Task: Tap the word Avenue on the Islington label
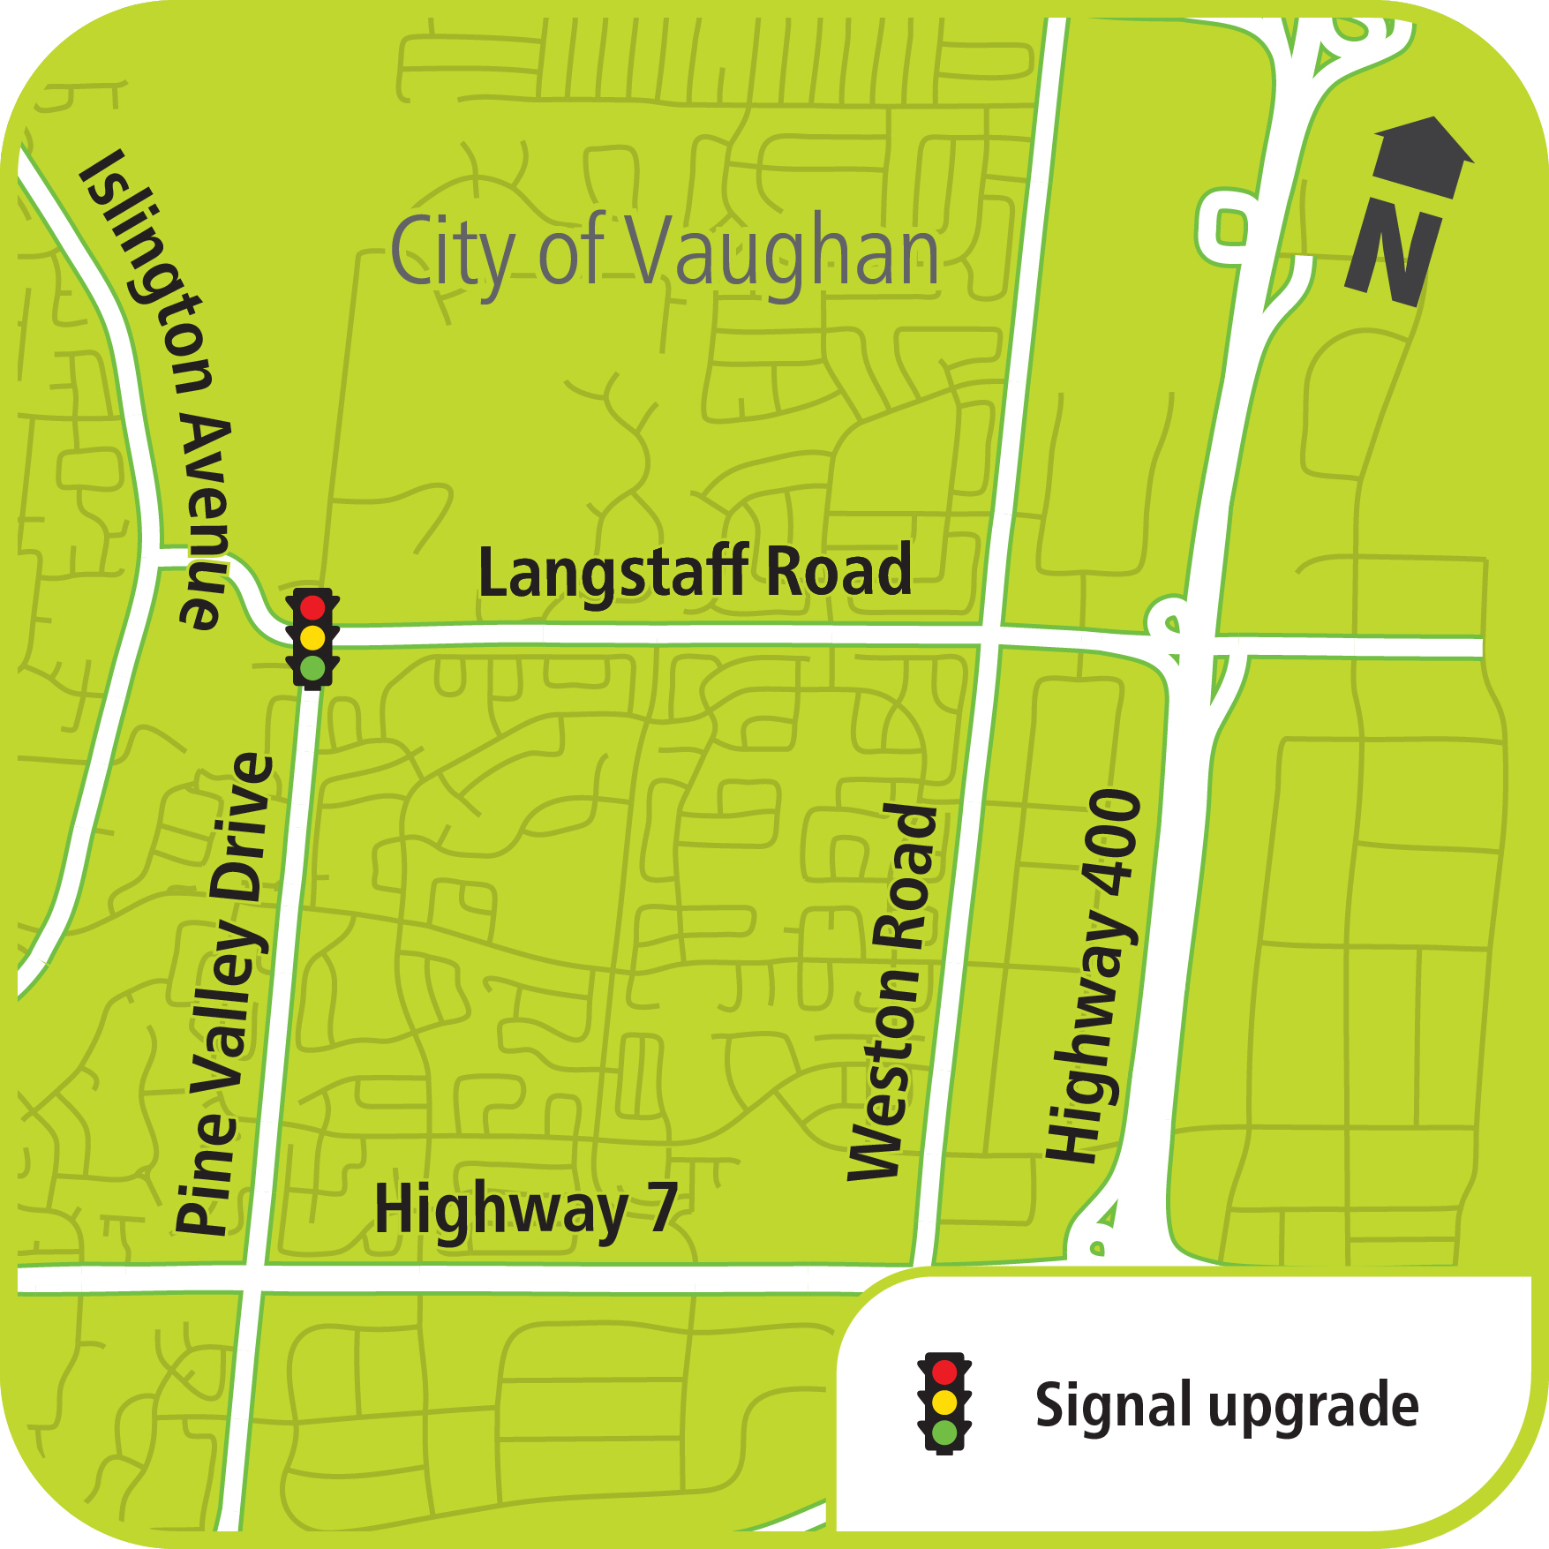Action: [x=205, y=521]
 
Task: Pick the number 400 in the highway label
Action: [x=1115, y=834]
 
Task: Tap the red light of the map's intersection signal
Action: [x=312, y=607]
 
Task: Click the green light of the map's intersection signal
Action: [x=312, y=667]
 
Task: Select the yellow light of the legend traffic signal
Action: [x=944, y=1402]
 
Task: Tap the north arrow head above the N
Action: [x=1423, y=155]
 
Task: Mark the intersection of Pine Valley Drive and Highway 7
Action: [x=254, y=1278]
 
